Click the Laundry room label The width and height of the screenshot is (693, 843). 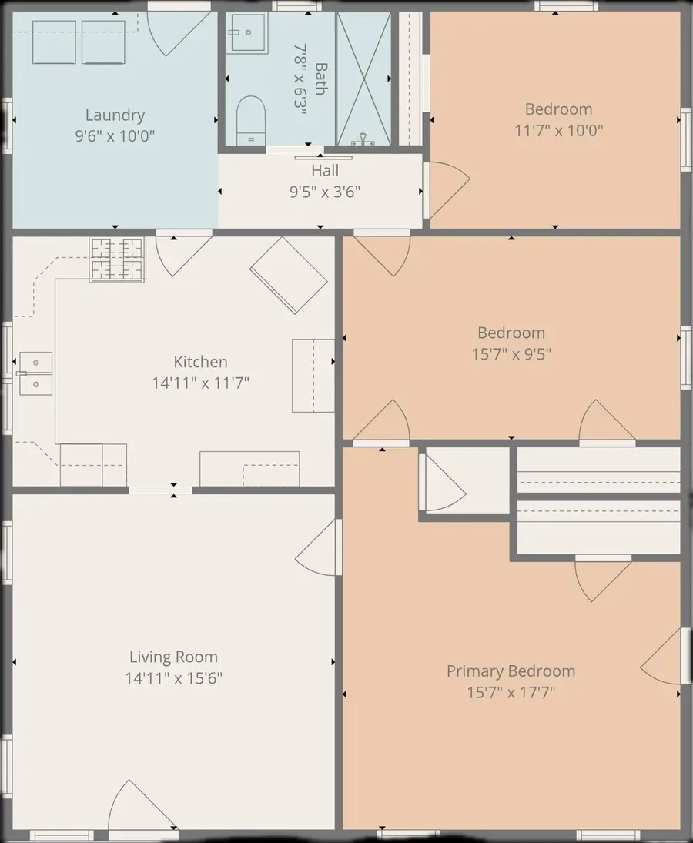tap(115, 115)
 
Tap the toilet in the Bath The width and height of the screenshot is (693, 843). tap(251, 120)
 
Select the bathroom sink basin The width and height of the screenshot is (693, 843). tap(246, 33)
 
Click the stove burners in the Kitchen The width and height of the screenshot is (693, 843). tap(117, 259)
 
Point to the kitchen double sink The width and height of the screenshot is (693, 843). tap(35, 373)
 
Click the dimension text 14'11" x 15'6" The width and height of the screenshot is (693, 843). tap(174, 678)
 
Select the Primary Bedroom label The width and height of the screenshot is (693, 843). tap(511, 671)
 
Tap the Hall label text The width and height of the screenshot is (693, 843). tap(325, 170)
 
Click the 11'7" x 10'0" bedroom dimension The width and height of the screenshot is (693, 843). tap(558, 130)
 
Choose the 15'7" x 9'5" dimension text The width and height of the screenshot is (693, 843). tap(511, 354)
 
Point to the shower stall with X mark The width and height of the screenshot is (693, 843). tap(364, 79)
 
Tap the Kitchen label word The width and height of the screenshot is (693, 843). tap(200, 361)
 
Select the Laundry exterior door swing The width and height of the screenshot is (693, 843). tap(177, 32)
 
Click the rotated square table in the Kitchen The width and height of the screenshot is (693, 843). tap(289, 276)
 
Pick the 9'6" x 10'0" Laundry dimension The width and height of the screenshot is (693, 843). tap(115, 135)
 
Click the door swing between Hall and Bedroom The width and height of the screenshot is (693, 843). tap(448, 190)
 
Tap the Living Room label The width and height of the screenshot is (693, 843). tap(174, 657)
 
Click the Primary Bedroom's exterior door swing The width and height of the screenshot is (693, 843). tap(661, 656)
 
